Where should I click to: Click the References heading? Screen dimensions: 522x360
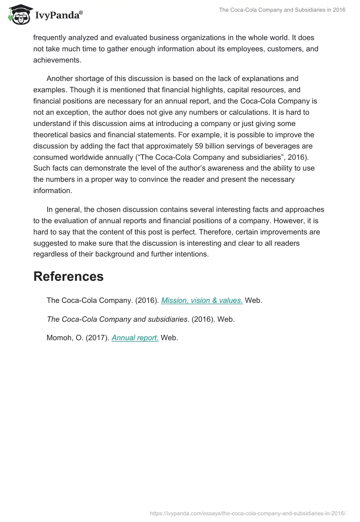[68, 276]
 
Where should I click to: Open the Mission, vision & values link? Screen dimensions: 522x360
[202, 301]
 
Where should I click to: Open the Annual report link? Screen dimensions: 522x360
[135, 337]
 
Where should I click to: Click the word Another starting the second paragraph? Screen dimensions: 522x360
[62, 78]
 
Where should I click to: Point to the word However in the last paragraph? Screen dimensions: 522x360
[279, 220]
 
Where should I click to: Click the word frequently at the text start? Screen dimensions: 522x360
[51, 38]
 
